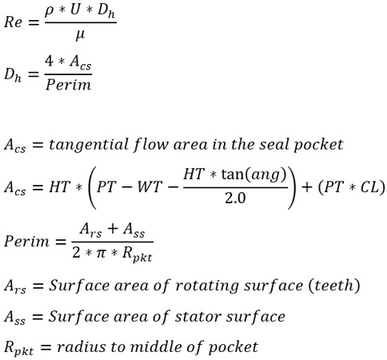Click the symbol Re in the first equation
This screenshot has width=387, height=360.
(x=13, y=22)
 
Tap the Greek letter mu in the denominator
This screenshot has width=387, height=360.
(x=80, y=35)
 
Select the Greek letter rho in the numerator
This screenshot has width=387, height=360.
(x=50, y=12)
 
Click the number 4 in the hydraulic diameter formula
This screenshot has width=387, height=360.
(x=50, y=62)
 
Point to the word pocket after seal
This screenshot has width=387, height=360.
(x=318, y=146)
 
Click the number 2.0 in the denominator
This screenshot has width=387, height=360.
(x=235, y=198)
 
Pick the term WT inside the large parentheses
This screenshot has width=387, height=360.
(x=150, y=186)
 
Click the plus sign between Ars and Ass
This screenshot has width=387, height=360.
(x=112, y=230)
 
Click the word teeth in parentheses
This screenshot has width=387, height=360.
(x=333, y=286)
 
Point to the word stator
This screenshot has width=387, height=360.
(x=198, y=317)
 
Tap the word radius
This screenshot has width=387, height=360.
(x=82, y=347)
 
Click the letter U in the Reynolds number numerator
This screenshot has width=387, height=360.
(x=76, y=11)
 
